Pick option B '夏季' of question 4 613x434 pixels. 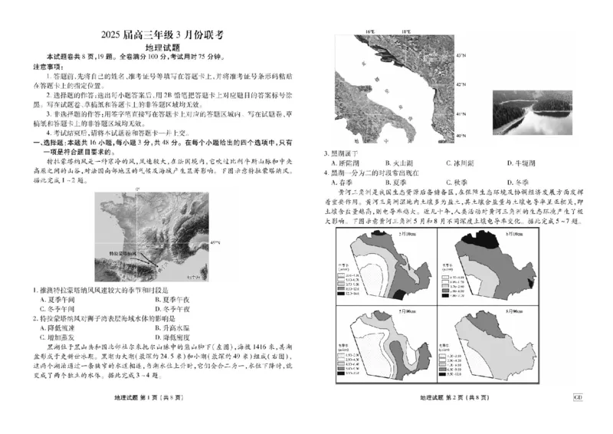coord(405,182)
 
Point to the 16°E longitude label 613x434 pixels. coord(369,31)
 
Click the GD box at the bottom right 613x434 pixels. coord(578,396)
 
